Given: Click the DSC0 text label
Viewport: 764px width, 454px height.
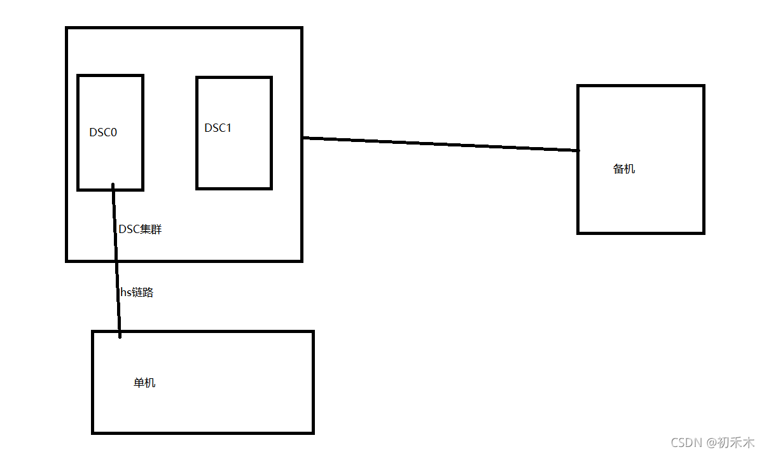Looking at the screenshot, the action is tap(103, 132).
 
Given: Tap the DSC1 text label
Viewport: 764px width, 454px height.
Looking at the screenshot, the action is tap(218, 128).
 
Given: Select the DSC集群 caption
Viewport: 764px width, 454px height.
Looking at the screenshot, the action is tap(141, 229).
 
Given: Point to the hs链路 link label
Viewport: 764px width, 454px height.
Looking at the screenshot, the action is tap(137, 293).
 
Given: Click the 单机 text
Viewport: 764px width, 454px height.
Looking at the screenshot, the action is tap(144, 383).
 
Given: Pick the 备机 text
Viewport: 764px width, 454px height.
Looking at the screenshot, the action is tap(624, 169).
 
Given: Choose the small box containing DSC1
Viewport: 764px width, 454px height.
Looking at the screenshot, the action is tap(234, 159).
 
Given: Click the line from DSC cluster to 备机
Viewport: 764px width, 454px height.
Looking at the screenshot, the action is tap(439, 144).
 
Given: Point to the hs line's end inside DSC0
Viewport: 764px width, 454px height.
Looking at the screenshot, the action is tap(113, 185).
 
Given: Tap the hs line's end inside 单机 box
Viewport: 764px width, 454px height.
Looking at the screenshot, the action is tap(120, 336).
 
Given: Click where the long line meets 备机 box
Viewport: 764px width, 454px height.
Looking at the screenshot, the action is tap(578, 151).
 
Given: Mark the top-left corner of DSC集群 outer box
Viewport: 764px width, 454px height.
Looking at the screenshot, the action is tap(67, 29).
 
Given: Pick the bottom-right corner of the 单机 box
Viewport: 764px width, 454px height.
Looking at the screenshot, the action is tap(313, 432).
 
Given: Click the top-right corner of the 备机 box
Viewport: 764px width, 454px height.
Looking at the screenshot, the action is tap(703, 86).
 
